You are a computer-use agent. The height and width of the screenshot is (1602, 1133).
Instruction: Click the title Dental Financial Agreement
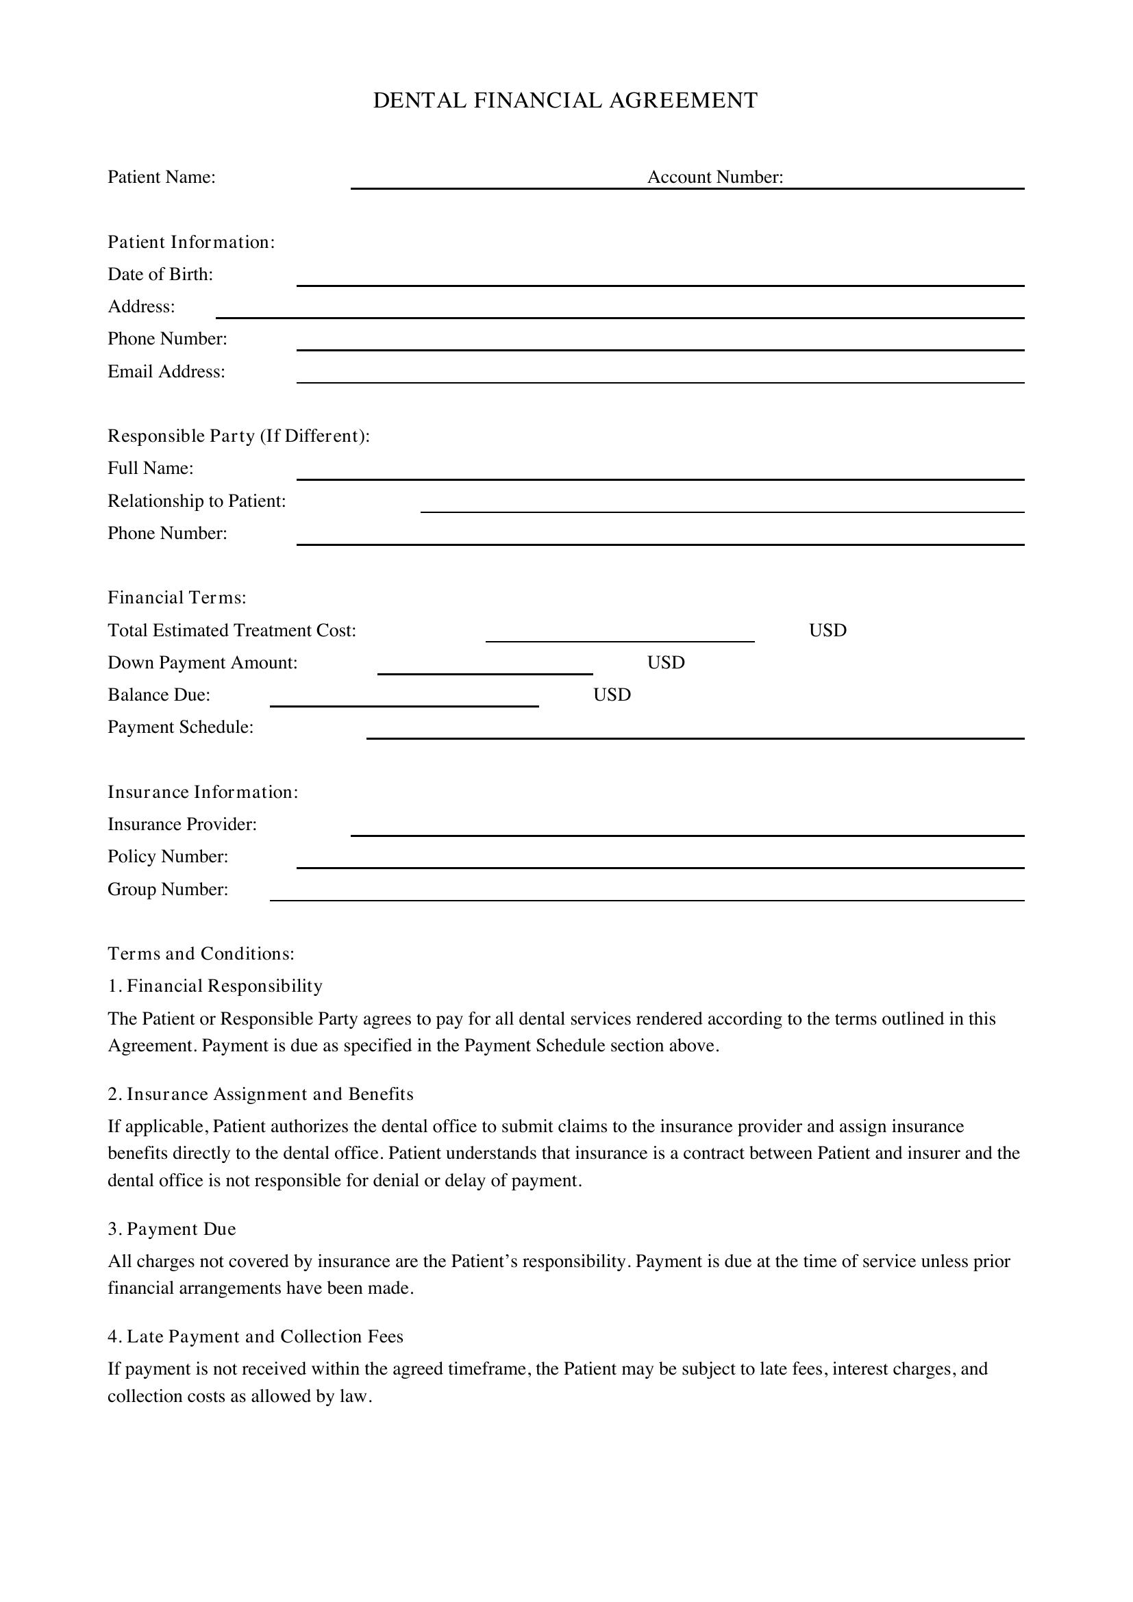(x=565, y=101)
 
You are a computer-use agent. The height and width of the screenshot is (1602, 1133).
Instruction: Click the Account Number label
(x=715, y=177)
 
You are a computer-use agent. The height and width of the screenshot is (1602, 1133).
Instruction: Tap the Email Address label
(x=166, y=371)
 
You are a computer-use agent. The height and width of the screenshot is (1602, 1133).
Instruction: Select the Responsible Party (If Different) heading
(x=238, y=436)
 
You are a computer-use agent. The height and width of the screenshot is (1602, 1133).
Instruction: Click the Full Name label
(x=151, y=468)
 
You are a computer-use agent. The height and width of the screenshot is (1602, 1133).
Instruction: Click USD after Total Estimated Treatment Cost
(x=827, y=630)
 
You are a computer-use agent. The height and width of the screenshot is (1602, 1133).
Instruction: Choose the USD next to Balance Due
(x=612, y=694)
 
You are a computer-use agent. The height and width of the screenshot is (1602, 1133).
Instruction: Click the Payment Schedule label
(x=181, y=727)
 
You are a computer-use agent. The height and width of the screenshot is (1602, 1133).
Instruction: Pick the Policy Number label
(x=168, y=856)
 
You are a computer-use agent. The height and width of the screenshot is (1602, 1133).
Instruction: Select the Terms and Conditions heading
(x=201, y=953)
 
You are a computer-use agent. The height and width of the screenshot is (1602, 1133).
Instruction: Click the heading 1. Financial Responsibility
(x=216, y=985)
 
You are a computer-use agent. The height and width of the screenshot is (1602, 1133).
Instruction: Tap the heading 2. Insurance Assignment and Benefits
(x=261, y=1093)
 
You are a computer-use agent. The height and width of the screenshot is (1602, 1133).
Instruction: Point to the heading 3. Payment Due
(x=173, y=1229)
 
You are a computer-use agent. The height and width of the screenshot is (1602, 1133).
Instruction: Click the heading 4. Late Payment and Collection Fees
(x=256, y=1336)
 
